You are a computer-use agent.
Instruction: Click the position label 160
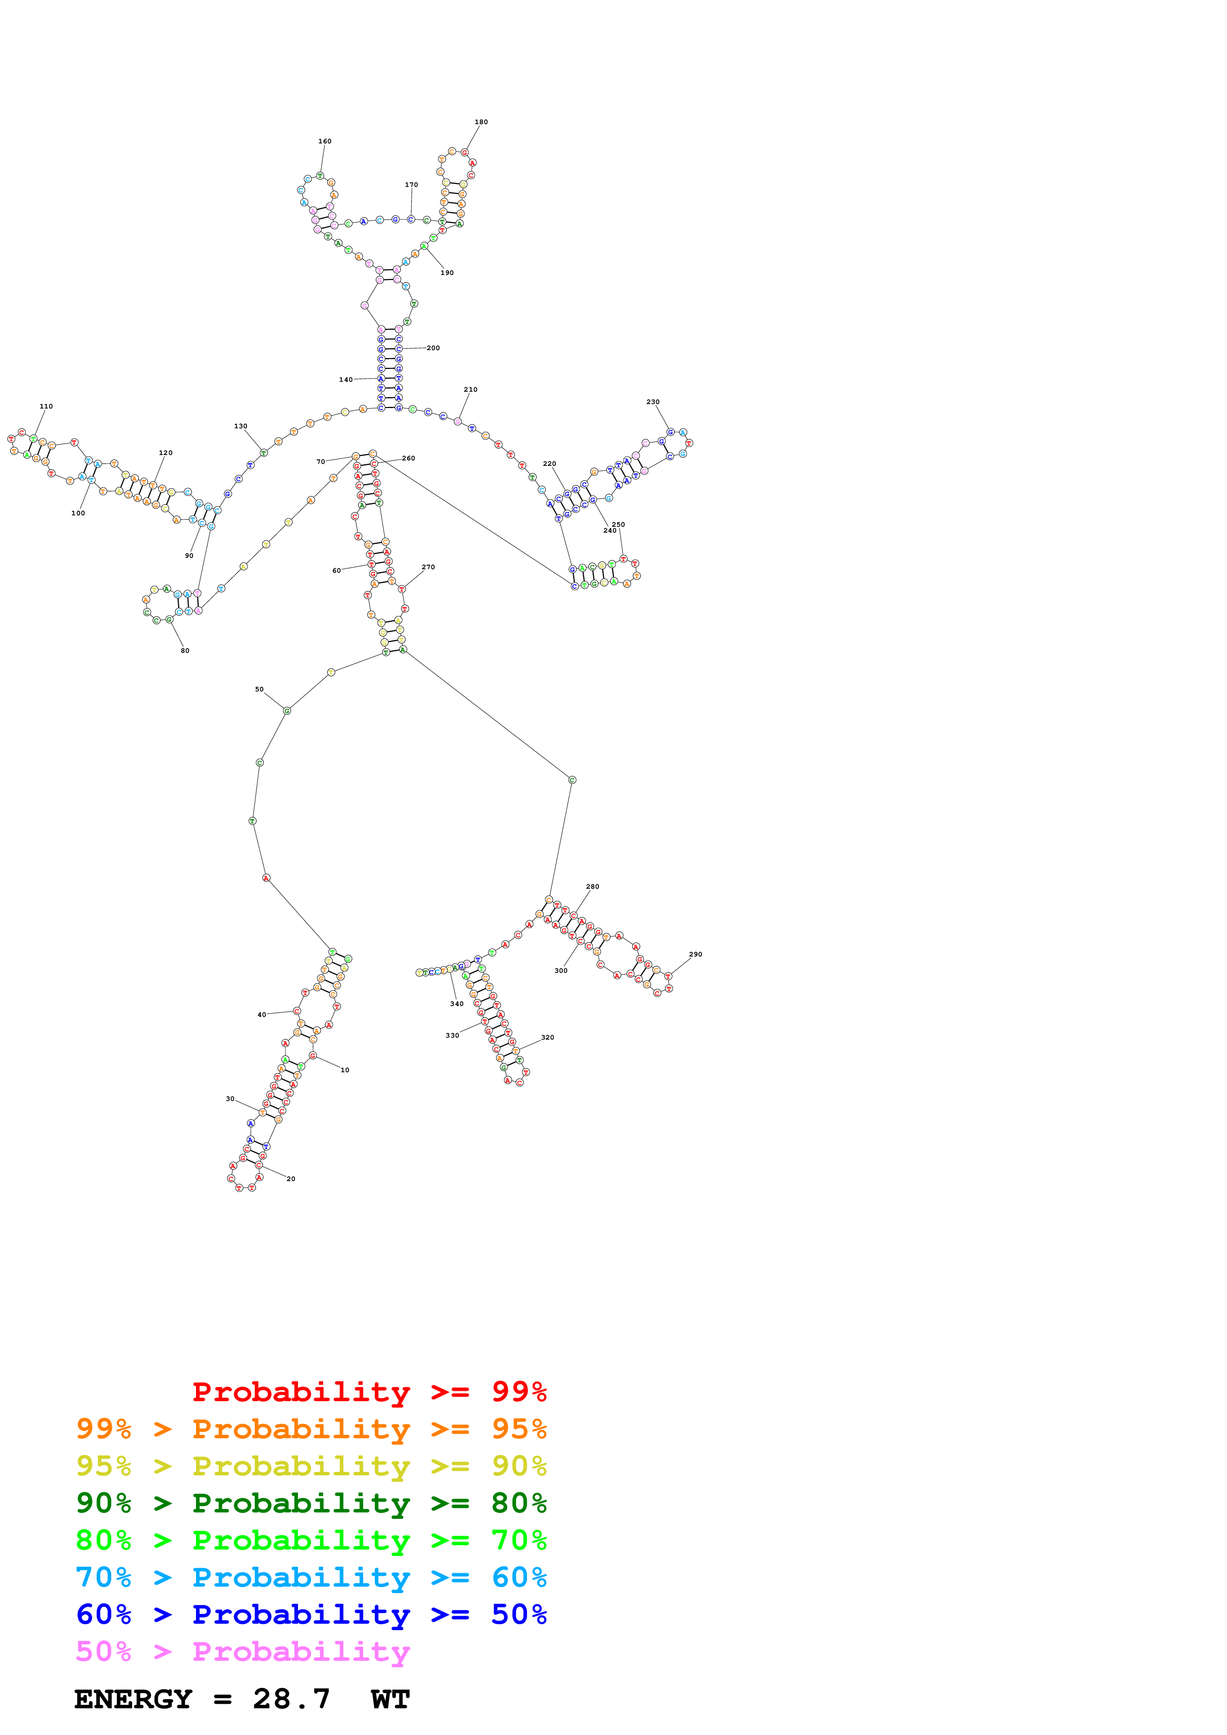[x=324, y=141]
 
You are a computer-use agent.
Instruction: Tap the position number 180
[x=481, y=122]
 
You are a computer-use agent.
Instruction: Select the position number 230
[x=652, y=402]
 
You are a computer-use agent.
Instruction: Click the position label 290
[x=695, y=955]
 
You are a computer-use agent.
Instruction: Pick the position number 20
[x=291, y=1179]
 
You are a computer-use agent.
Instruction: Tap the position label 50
[x=259, y=689]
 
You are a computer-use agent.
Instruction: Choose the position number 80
[x=185, y=651]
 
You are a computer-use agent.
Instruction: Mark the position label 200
[x=433, y=348]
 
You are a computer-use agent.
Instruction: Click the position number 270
[x=428, y=567]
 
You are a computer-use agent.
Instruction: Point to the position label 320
[x=547, y=1038]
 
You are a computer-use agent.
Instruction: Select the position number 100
[x=78, y=513]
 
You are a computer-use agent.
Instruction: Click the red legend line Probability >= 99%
[x=369, y=1392]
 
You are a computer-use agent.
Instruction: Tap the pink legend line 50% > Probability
[x=243, y=1652]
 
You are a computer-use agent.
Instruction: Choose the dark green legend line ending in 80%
[x=311, y=1503]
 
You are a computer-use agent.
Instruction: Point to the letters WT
[x=390, y=1699]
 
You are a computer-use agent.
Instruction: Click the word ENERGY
[x=133, y=1699]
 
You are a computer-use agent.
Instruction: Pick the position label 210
[x=470, y=390]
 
